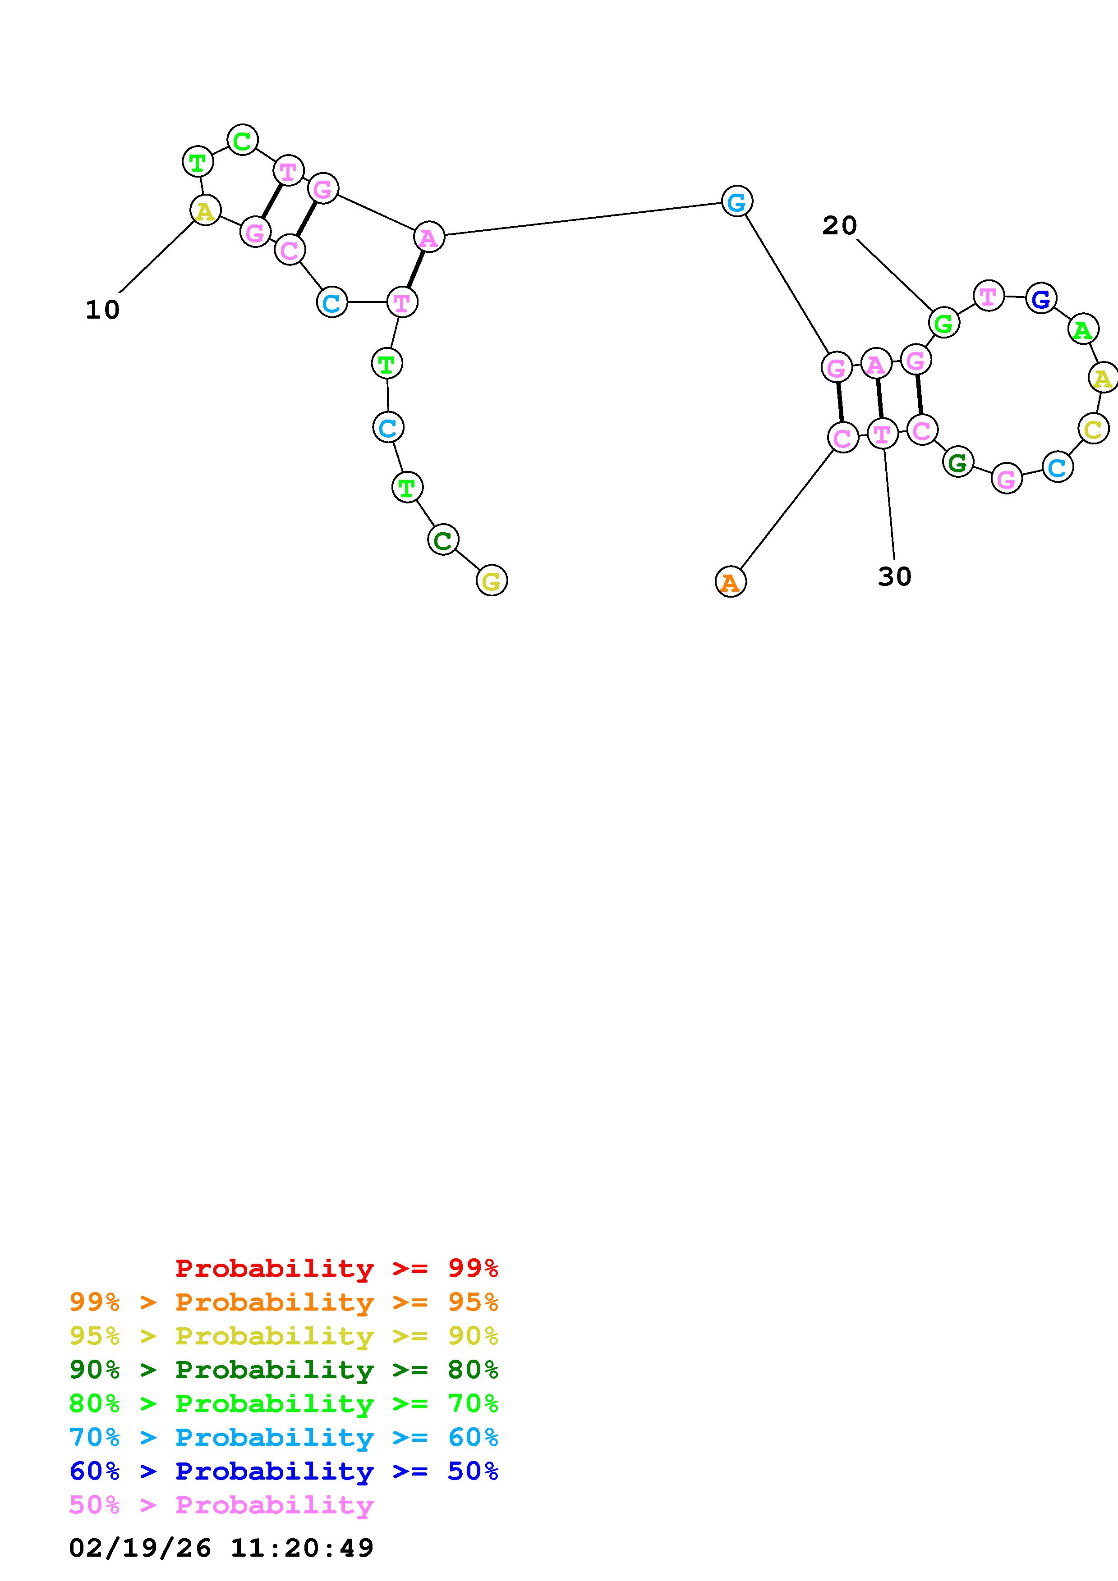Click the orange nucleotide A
pos(730,582)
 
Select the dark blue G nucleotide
pos(1041,298)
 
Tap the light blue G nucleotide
pos(736,201)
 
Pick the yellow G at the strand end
pos(491,580)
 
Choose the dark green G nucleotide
pos(957,462)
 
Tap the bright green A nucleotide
pos(1082,330)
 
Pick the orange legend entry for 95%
pos(284,1302)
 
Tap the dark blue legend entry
pos(284,1471)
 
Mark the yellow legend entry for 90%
pos(284,1336)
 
